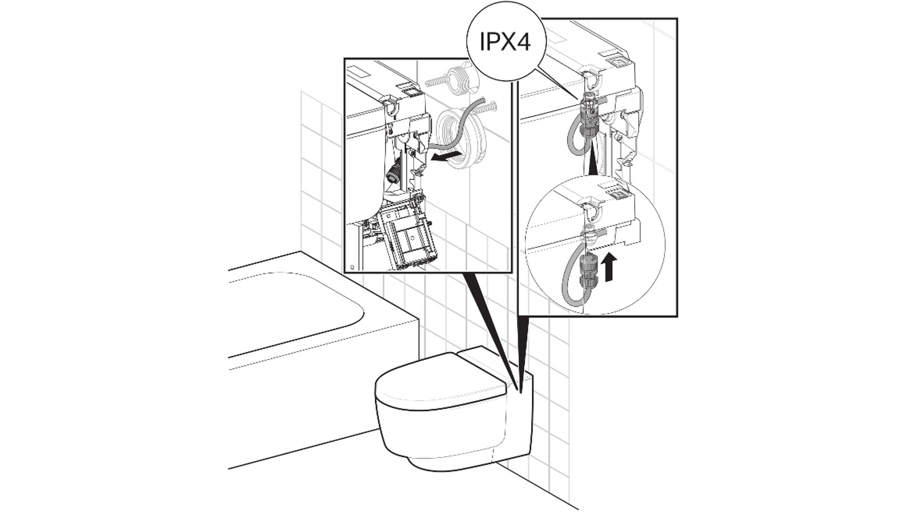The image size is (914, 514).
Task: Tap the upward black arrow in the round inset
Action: [x=610, y=267]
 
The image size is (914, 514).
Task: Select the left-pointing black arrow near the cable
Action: [x=446, y=156]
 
